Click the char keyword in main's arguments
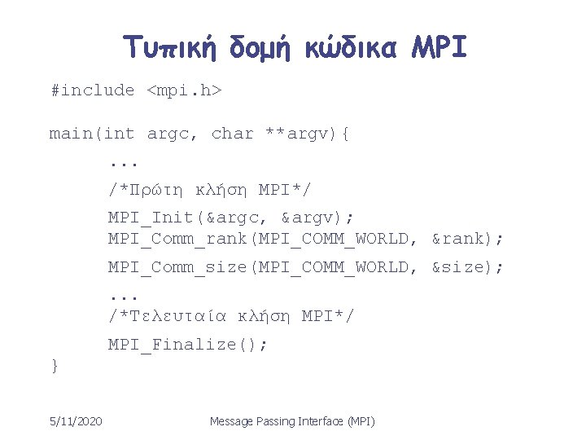[x=233, y=134]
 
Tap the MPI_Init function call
[x=152, y=217]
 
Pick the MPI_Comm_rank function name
[x=178, y=240]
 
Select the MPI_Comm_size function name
[x=178, y=267]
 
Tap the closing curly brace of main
[x=55, y=366]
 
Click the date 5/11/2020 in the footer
[x=75, y=421]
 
